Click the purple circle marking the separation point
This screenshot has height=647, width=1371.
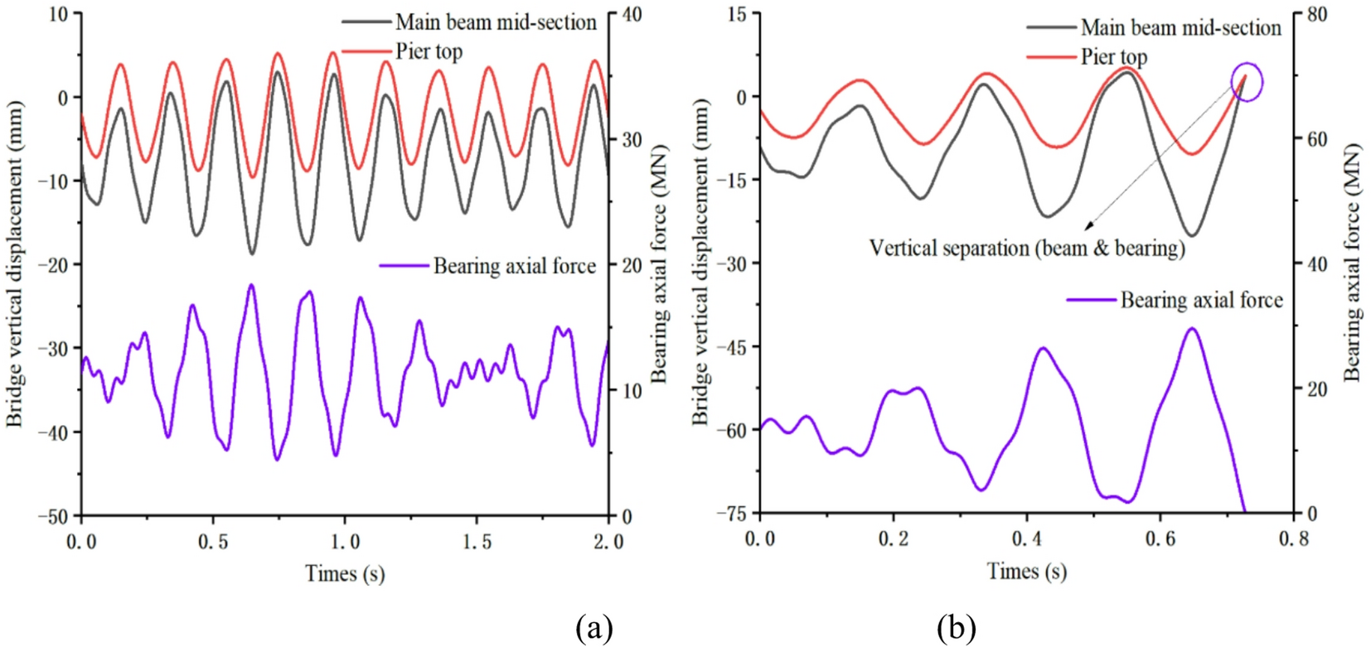(x=1246, y=81)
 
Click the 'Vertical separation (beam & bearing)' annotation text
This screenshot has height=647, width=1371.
(x=1027, y=248)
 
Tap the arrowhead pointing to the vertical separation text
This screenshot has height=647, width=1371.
(x=1088, y=227)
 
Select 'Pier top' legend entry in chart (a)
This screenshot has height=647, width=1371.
(x=429, y=51)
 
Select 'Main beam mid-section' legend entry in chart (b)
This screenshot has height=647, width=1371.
(x=1180, y=27)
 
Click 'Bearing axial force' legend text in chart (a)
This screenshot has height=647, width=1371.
(x=514, y=266)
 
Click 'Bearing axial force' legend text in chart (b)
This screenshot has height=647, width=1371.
(x=1201, y=300)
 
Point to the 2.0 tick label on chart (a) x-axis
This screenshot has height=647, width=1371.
(x=608, y=542)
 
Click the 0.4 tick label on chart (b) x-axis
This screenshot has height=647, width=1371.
(x=1026, y=539)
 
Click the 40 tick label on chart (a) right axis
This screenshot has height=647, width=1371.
(x=632, y=15)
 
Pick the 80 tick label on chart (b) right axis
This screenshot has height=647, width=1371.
(x=1317, y=15)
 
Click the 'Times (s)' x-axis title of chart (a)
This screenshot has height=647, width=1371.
(x=345, y=573)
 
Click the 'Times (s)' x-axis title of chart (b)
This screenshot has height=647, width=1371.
(x=1026, y=571)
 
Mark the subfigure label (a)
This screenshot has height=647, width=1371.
(x=594, y=628)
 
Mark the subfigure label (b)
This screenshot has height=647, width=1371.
(x=956, y=628)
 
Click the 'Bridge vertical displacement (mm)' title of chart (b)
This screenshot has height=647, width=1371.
(x=701, y=263)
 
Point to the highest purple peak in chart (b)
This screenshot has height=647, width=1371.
(x=1192, y=329)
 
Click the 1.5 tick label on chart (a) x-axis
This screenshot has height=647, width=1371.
(x=476, y=542)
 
